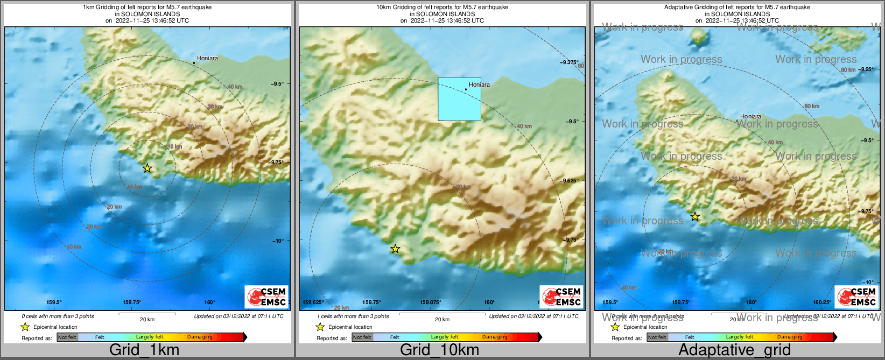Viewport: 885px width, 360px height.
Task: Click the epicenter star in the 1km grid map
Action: tap(147, 168)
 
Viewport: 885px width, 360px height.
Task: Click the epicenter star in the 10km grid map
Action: tap(395, 249)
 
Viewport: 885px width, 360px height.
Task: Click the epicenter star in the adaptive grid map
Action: tap(695, 216)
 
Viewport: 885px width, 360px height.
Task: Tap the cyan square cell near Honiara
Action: tap(459, 99)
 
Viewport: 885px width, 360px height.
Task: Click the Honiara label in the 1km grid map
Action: tap(207, 58)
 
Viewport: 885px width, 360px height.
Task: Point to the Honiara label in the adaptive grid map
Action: tap(750, 116)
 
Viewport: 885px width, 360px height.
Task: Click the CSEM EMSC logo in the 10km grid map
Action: tap(561, 297)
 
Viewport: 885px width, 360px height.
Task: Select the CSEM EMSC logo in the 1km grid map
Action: tap(266, 297)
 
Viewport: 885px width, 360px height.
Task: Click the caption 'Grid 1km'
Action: tap(144, 350)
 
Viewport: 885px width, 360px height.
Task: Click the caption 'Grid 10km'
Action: tap(439, 350)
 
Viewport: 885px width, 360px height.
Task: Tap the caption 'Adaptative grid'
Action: tap(734, 350)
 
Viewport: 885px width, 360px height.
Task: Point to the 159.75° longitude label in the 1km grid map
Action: tap(131, 302)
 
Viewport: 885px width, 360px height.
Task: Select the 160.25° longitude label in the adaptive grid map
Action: tap(821, 302)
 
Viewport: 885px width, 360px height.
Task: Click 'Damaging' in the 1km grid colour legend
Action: tap(200, 337)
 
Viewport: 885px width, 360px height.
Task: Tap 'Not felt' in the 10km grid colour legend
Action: tap(362, 337)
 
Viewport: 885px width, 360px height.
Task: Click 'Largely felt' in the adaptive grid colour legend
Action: tap(739, 337)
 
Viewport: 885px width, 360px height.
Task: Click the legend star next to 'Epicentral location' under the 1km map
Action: tap(25, 327)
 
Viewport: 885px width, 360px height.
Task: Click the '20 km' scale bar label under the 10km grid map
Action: tap(442, 320)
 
